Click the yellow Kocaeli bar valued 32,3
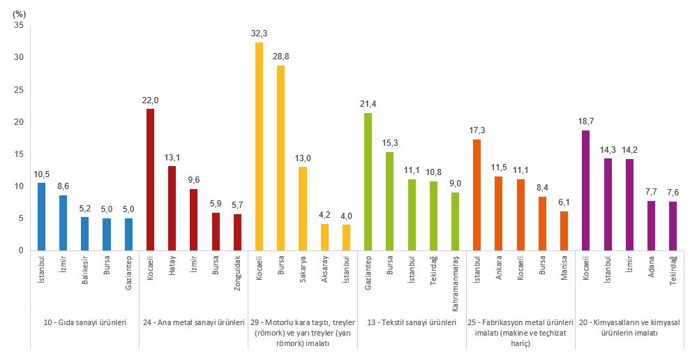(259, 147)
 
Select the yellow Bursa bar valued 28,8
(280, 158)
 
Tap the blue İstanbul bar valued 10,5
(41, 216)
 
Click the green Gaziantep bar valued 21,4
(368, 181)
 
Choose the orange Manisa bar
(564, 230)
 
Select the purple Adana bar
(651, 225)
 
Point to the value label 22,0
(150, 100)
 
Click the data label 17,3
(477, 130)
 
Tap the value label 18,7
(585, 121)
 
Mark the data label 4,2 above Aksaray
(324, 215)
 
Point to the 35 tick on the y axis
(19, 25)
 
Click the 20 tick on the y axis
(19, 122)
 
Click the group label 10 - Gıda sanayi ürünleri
(85, 323)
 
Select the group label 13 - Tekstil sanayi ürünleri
(412, 323)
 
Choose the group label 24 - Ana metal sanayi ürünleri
(193, 323)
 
